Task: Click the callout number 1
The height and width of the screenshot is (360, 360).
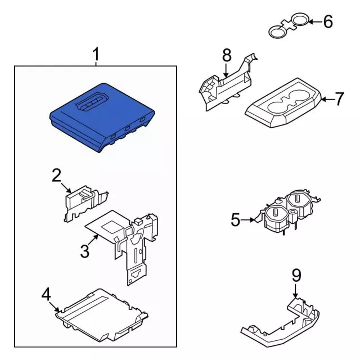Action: point(96,54)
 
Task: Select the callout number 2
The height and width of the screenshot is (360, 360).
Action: point(56,175)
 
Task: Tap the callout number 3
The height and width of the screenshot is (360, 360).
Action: point(85,251)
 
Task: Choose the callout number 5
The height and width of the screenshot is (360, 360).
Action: point(236,220)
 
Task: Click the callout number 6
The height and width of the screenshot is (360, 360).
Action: point(328,21)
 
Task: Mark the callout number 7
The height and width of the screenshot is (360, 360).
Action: point(339,99)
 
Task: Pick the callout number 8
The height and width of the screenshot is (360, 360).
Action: point(227,55)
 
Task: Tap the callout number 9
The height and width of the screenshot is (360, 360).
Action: point(296,276)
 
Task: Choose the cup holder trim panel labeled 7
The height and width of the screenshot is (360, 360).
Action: point(283,103)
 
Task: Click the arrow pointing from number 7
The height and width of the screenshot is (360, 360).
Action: point(327,100)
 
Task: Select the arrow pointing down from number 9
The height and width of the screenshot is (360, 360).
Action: point(295,291)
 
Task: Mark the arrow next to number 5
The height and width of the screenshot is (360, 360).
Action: point(248,220)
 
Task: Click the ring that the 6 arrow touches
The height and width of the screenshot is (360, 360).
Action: point(300,19)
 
